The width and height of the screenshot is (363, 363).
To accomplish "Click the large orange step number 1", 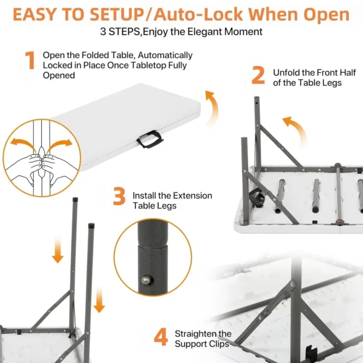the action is click(x=30, y=60).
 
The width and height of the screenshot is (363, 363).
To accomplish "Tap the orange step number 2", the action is click(x=258, y=75).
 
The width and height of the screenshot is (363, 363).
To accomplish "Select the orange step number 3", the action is click(x=119, y=196).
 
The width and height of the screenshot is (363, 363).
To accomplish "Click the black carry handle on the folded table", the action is click(x=150, y=139).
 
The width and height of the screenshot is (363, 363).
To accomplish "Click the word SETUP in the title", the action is click(x=116, y=15).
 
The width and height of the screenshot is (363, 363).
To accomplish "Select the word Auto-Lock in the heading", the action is click(x=198, y=15).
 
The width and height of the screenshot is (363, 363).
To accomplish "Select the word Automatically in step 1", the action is click(x=165, y=55).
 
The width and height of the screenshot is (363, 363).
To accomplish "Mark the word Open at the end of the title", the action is click(x=327, y=15).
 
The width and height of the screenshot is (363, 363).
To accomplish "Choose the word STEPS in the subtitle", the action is click(x=124, y=31).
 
